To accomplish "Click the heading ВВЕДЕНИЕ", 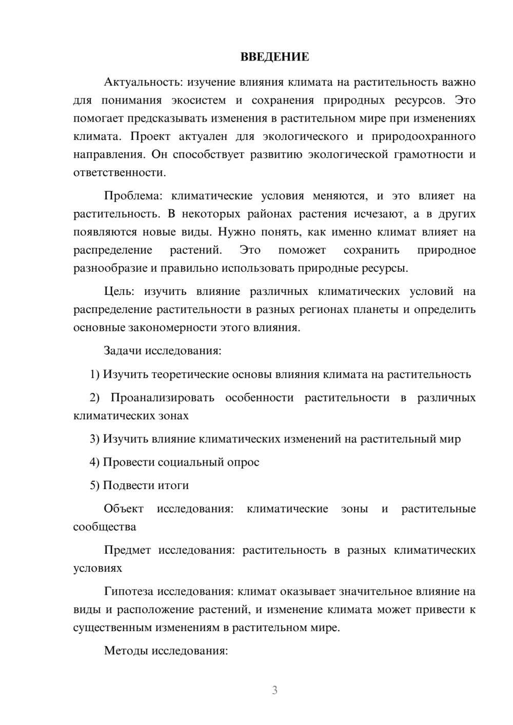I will click(274, 57).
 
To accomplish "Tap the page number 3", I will click(274, 690).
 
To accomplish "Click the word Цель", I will click(119, 292).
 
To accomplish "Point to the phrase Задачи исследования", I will click(162, 351).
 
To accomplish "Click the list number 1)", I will click(95, 375).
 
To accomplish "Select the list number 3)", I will click(95, 439).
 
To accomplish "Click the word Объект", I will click(124, 509).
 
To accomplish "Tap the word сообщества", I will click(105, 527).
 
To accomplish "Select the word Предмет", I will click(127, 551).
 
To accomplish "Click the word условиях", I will click(97, 569).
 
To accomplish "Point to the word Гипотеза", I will click(128, 592).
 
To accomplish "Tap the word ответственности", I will click(120, 173).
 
